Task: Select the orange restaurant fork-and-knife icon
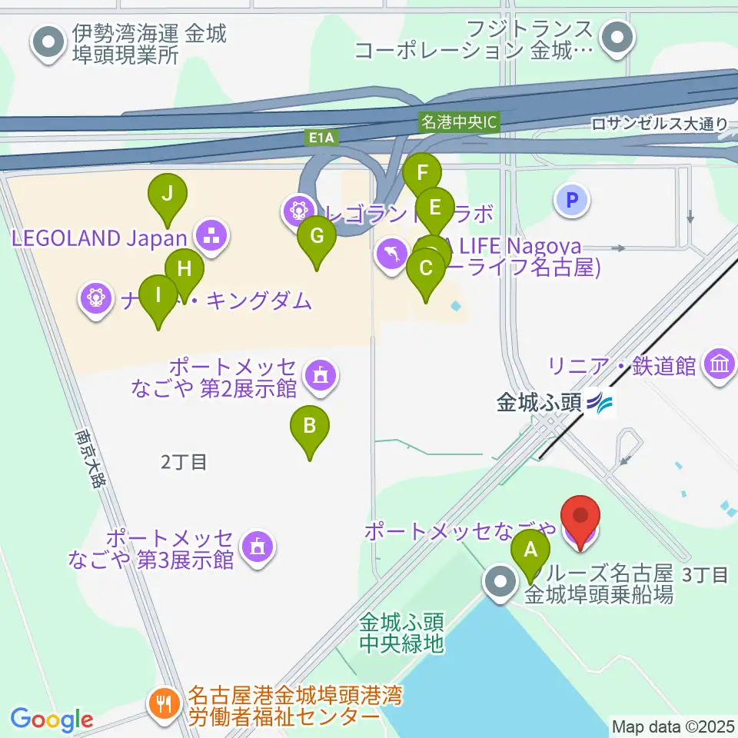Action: pyautogui.click(x=164, y=702)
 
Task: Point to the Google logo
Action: pyautogui.click(x=52, y=720)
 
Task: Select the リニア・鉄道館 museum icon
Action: pyautogui.click(x=719, y=364)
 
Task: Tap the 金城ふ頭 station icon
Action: pyautogui.click(x=600, y=402)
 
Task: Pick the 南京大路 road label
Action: pyautogui.click(x=90, y=457)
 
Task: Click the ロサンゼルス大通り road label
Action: pyautogui.click(x=660, y=123)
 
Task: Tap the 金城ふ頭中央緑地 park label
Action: pyautogui.click(x=401, y=633)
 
